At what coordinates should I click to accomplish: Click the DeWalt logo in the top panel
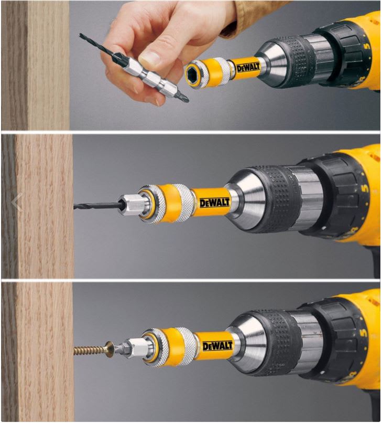click(248, 67)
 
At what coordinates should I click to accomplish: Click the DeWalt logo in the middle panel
click(215, 203)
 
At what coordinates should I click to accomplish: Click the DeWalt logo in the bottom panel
click(217, 345)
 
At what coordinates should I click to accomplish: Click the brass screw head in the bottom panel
click(110, 350)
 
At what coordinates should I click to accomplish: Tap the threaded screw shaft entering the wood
click(90, 351)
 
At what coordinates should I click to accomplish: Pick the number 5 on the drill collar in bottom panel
click(365, 332)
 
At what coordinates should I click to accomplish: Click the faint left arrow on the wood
click(17, 202)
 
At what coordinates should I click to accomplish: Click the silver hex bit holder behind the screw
click(130, 349)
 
